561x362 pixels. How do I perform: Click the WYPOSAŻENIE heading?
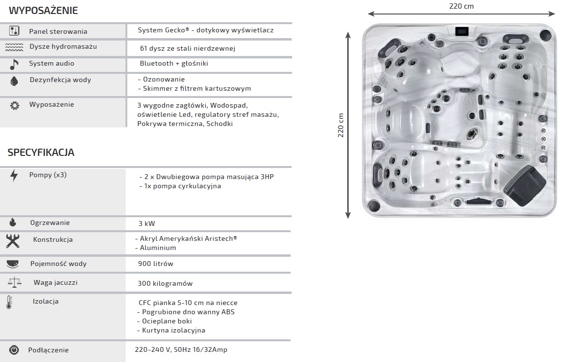[44, 11]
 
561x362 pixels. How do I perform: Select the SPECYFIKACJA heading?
[41, 153]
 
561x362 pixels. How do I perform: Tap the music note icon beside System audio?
[14, 64]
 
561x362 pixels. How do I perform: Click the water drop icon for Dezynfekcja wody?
[14, 81]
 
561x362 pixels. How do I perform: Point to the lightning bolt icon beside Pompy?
[14, 175]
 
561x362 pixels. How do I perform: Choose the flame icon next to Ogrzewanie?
[13, 223]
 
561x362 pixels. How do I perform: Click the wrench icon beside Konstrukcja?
[13, 240]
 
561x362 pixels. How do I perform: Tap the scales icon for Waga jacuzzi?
[14, 282]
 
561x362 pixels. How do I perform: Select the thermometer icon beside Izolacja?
[9, 302]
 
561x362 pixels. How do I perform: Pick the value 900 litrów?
[156, 264]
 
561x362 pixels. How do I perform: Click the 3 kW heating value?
[147, 223]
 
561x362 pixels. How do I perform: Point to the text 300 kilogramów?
[165, 283]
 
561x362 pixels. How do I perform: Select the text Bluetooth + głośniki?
[174, 64]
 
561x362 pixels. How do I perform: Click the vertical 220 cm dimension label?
[340, 125]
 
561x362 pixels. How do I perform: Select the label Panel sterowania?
[58, 32]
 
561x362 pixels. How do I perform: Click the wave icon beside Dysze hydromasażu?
[14, 47]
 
